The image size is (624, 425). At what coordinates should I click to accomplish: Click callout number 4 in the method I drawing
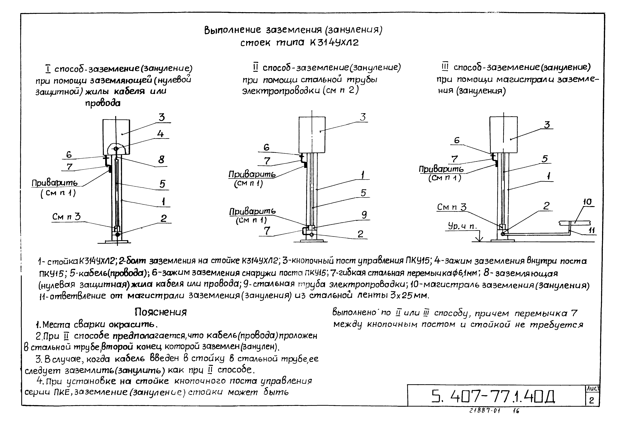tap(161, 133)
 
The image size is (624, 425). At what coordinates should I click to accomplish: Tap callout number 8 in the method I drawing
tap(161, 160)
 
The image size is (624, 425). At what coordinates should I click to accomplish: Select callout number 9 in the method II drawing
tap(364, 215)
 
